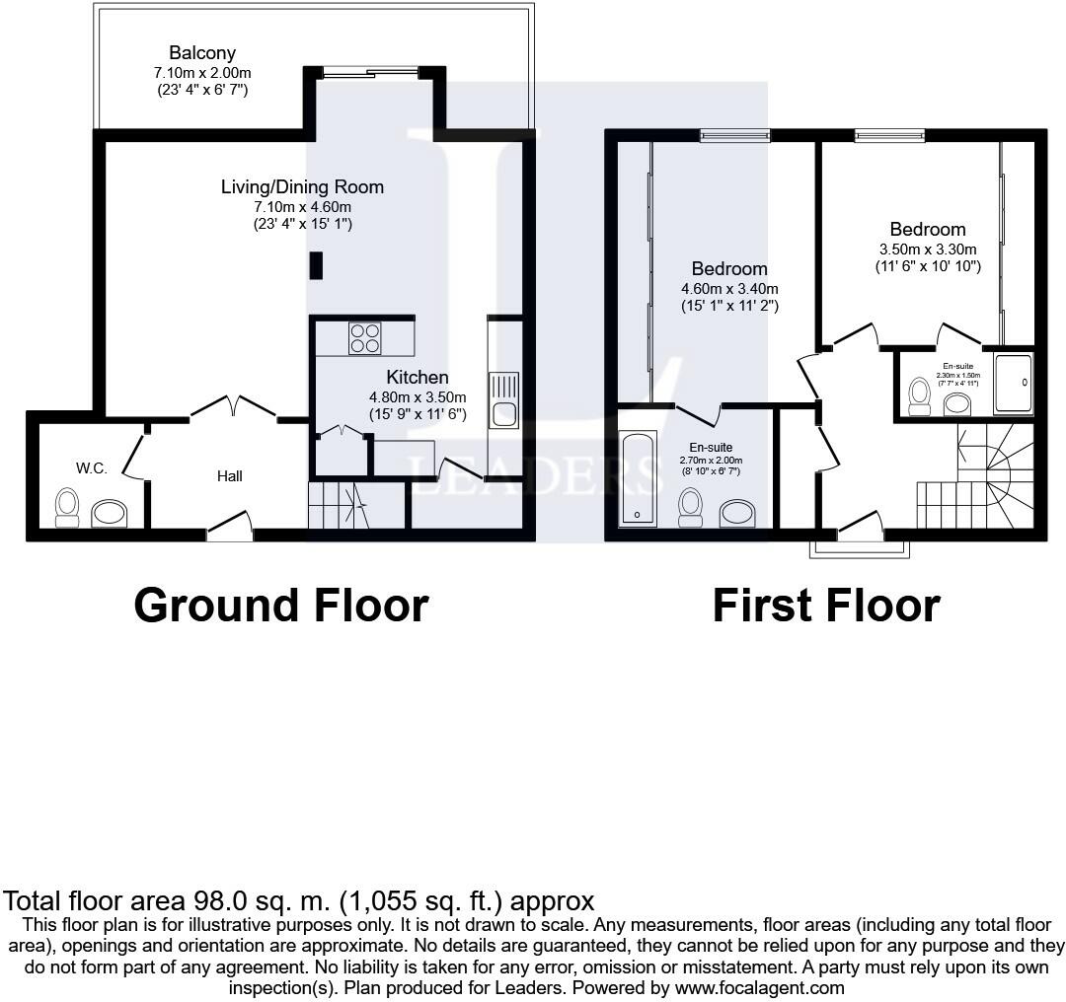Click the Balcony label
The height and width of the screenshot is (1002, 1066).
tap(201, 53)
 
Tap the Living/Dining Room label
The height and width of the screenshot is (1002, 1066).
tap(302, 187)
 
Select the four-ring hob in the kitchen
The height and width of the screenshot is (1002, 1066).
tap(364, 338)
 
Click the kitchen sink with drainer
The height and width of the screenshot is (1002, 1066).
tap(503, 399)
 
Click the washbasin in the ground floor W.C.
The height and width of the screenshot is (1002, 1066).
tap(109, 513)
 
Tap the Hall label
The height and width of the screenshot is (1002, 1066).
tap(229, 476)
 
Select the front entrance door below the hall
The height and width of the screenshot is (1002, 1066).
tap(229, 528)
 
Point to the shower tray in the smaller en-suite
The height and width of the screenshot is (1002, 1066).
tap(1013, 383)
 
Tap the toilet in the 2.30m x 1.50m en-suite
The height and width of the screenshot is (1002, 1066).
tap(920, 395)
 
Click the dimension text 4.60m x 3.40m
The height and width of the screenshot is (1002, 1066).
tap(729, 289)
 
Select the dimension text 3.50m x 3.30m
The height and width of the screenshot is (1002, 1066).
tap(927, 250)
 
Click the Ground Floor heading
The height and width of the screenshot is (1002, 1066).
tap(281, 605)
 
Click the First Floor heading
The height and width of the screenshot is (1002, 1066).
tap(826, 605)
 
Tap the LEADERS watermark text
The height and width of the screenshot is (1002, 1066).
tap(534, 474)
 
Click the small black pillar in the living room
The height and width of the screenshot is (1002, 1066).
tap(316, 265)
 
